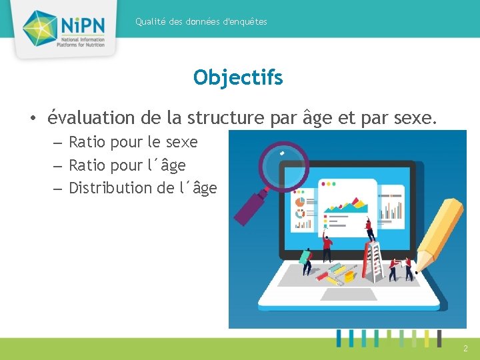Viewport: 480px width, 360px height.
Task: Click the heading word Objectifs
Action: tap(238, 78)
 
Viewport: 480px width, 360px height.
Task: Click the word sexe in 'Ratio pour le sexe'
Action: tap(181, 142)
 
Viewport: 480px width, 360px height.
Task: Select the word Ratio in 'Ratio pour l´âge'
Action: tap(86, 165)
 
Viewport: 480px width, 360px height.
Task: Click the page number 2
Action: tap(465, 348)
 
